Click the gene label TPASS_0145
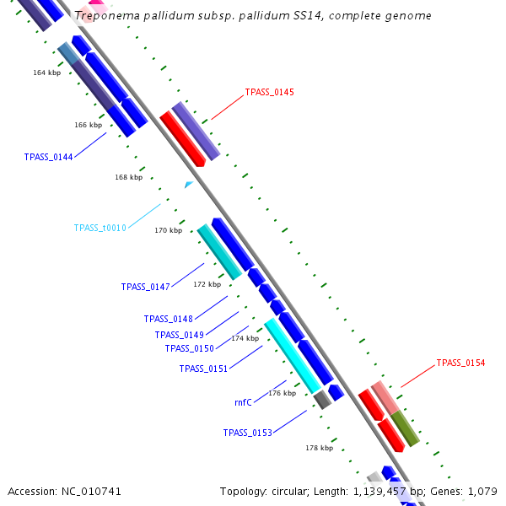click(269, 92)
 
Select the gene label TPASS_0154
click(460, 363)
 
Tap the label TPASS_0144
click(48, 157)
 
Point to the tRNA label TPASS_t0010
click(100, 228)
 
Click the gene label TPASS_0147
click(145, 288)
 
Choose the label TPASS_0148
click(168, 319)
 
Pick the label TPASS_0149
click(179, 335)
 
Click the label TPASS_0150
click(189, 348)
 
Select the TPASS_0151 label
click(203, 369)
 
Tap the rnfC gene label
click(243, 403)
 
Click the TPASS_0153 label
click(247, 433)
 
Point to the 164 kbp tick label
click(46, 73)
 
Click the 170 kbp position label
click(168, 230)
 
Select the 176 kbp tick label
click(282, 394)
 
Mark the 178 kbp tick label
click(319, 448)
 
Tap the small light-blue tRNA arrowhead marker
click(189, 184)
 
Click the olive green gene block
click(405, 428)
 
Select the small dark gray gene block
click(321, 400)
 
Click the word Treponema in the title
click(105, 16)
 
